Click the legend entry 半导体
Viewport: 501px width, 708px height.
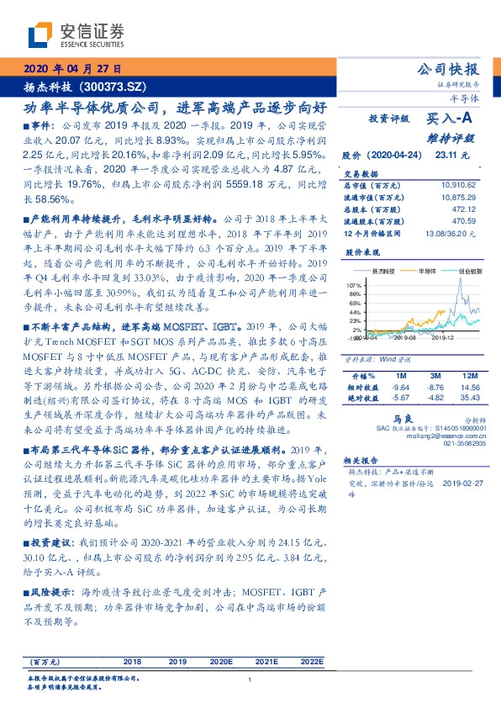click(429, 272)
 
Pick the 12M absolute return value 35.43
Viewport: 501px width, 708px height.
click(467, 397)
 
